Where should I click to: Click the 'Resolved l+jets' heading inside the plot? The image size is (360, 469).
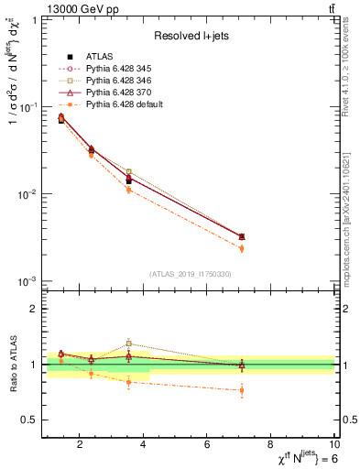(190, 36)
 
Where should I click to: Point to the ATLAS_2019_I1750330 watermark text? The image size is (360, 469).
(190, 274)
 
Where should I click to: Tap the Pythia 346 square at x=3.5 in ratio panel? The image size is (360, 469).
(129, 344)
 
